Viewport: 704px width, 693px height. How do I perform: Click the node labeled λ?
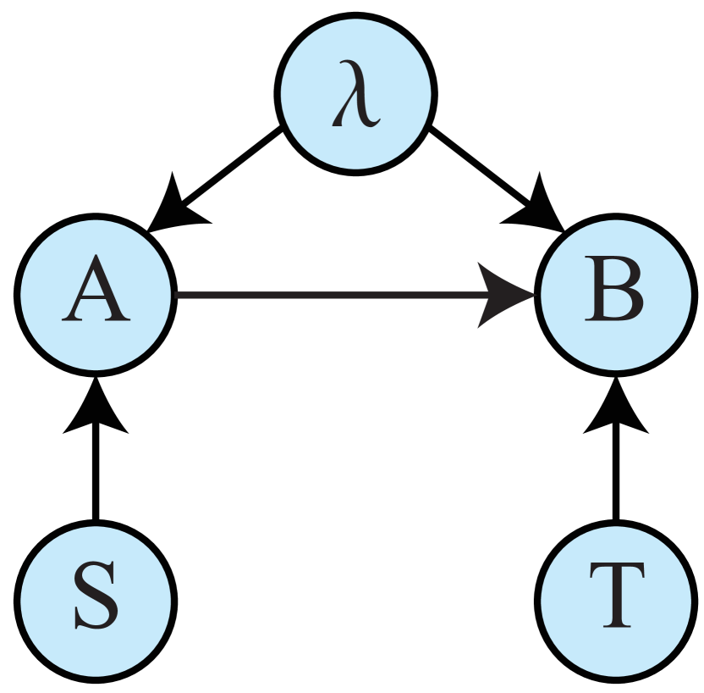[355, 93]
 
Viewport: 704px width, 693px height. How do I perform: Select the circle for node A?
[96, 295]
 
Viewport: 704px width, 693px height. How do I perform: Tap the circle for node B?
[615, 295]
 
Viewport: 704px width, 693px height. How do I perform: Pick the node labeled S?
[96, 602]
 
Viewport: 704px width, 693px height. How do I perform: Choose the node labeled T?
[615, 602]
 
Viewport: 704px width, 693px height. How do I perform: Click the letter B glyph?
[615, 295]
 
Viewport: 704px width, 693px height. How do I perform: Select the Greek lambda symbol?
[355, 100]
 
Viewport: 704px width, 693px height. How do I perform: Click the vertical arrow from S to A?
[96, 474]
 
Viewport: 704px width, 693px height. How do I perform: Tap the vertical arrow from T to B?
[615, 474]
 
